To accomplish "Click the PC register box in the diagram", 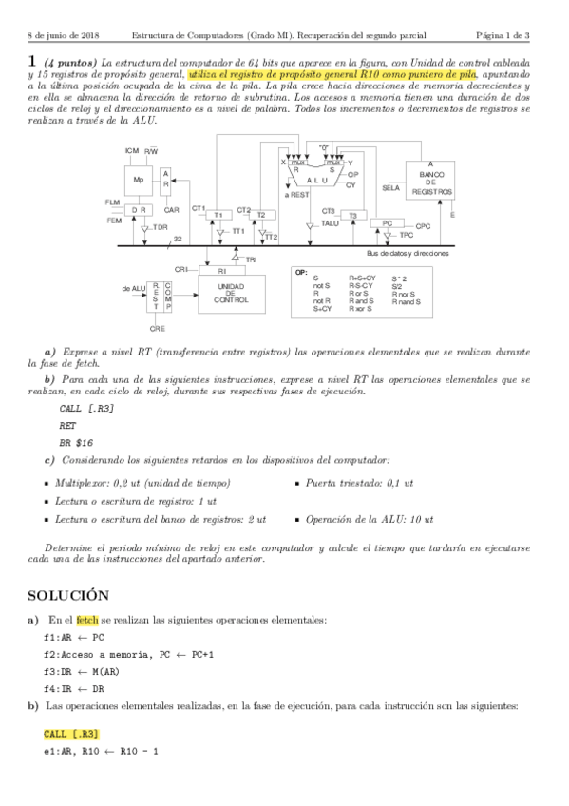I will click(x=388, y=223).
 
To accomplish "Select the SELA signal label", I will click(x=390, y=187).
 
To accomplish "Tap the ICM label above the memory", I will click(x=132, y=151).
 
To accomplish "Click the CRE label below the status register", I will click(x=158, y=328).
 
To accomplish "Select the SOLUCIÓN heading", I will click(x=68, y=595).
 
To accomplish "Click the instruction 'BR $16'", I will click(x=76, y=442).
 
